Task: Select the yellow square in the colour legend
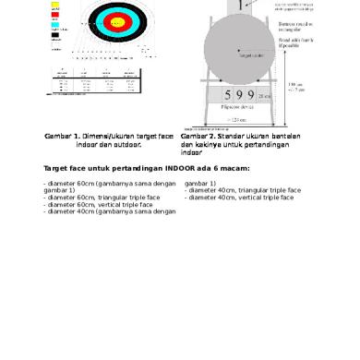(x=55, y=6)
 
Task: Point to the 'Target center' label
(x=251, y=54)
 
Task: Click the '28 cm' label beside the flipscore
(x=266, y=96)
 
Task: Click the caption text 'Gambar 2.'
(x=199, y=137)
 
